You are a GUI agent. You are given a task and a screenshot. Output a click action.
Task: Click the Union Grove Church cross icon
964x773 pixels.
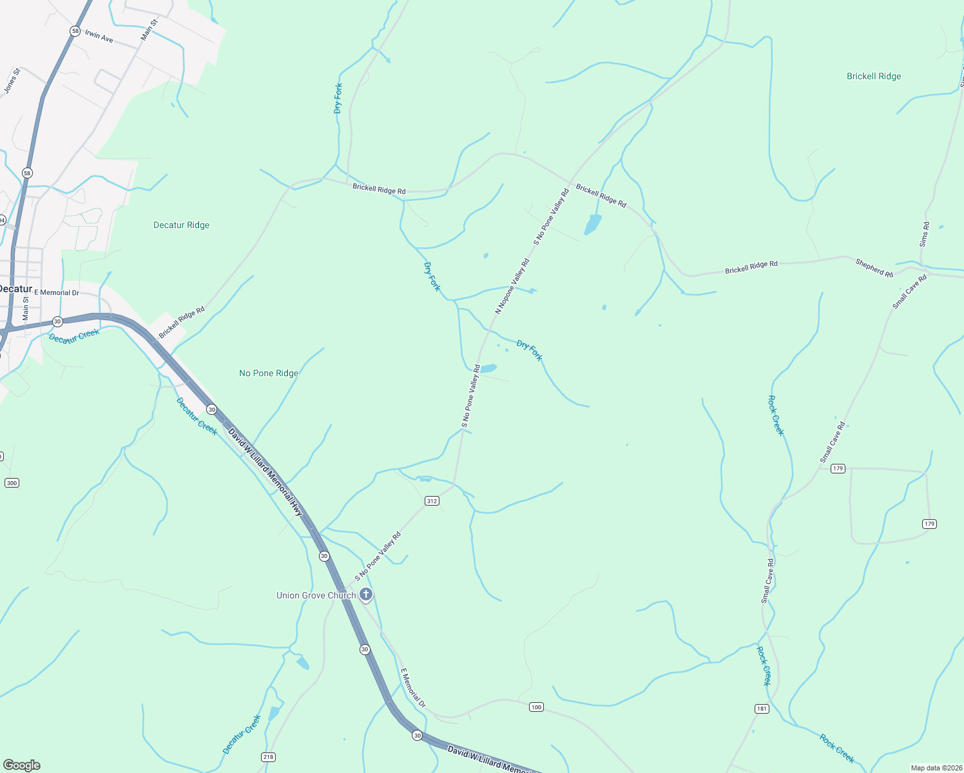point(366,595)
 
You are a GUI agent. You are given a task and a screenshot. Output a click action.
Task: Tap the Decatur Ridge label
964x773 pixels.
point(181,225)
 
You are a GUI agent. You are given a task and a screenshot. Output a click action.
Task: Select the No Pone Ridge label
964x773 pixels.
point(269,373)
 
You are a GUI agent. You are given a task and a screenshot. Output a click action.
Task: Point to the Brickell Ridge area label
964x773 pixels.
point(874,76)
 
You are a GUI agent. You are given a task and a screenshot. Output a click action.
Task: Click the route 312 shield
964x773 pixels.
point(432,501)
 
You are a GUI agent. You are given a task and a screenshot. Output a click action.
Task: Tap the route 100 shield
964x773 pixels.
point(536,707)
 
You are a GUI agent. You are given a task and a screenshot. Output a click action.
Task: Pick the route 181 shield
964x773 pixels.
point(762,709)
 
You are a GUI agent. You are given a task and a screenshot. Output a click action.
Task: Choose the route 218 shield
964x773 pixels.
point(269,756)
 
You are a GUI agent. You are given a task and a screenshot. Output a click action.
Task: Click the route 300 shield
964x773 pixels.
point(12,483)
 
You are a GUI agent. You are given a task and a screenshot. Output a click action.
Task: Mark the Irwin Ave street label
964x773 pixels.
point(99,37)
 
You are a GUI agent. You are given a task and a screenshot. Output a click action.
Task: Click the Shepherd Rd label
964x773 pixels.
point(874,268)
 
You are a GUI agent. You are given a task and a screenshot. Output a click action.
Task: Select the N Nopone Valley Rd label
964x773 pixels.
point(512,286)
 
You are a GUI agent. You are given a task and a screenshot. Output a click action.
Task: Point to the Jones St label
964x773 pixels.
point(12,81)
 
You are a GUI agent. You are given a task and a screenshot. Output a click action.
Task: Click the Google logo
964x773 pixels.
point(21,765)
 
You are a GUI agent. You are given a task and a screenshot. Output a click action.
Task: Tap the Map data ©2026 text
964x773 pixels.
point(936,768)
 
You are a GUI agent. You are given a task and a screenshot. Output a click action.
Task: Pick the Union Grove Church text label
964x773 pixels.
point(316,595)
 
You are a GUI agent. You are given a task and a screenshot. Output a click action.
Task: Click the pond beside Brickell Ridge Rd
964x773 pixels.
point(592,224)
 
